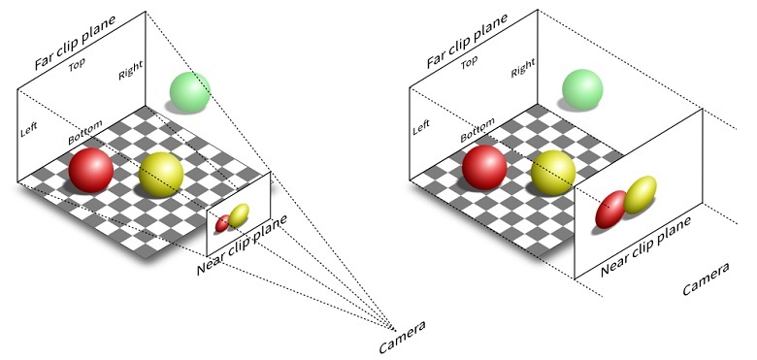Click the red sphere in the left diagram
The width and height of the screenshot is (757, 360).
pyautogui.click(x=91, y=170)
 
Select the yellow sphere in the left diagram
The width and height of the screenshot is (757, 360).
pyautogui.click(x=161, y=175)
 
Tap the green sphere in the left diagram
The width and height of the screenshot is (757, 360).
pyautogui.click(x=189, y=92)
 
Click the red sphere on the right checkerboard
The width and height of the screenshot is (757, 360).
pyautogui.click(x=484, y=167)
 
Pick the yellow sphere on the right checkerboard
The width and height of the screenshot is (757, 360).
pyautogui.click(x=553, y=173)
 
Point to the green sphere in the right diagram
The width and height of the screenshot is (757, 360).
pyautogui.click(x=582, y=90)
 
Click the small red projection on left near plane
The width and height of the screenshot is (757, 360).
pyautogui.click(x=222, y=223)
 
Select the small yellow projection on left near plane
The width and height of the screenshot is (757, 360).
pyautogui.click(x=239, y=215)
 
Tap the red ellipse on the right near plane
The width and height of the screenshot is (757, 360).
pyautogui.click(x=610, y=210)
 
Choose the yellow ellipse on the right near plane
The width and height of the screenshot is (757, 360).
pyautogui.click(x=641, y=195)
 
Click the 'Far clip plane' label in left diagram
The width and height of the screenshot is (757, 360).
pyautogui.click(x=76, y=43)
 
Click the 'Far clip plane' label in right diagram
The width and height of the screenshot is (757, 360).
pyautogui.click(x=468, y=41)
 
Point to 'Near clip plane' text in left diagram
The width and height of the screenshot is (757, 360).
pyautogui.click(x=242, y=245)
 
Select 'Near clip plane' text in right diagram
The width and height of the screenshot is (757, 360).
pyautogui.click(x=646, y=246)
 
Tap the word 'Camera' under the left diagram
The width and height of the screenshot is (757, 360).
pyautogui.click(x=402, y=337)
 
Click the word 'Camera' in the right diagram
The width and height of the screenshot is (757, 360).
pyautogui.click(x=706, y=278)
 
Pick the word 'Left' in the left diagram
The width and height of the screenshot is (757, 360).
pyautogui.click(x=28, y=129)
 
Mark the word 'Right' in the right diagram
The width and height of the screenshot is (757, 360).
pyautogui.click(x=523, y=68)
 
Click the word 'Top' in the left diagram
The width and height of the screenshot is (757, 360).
pyautogui.click(x=77, y=65)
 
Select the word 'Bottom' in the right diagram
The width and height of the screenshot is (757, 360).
pyautogui.click(x=477, y=130)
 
